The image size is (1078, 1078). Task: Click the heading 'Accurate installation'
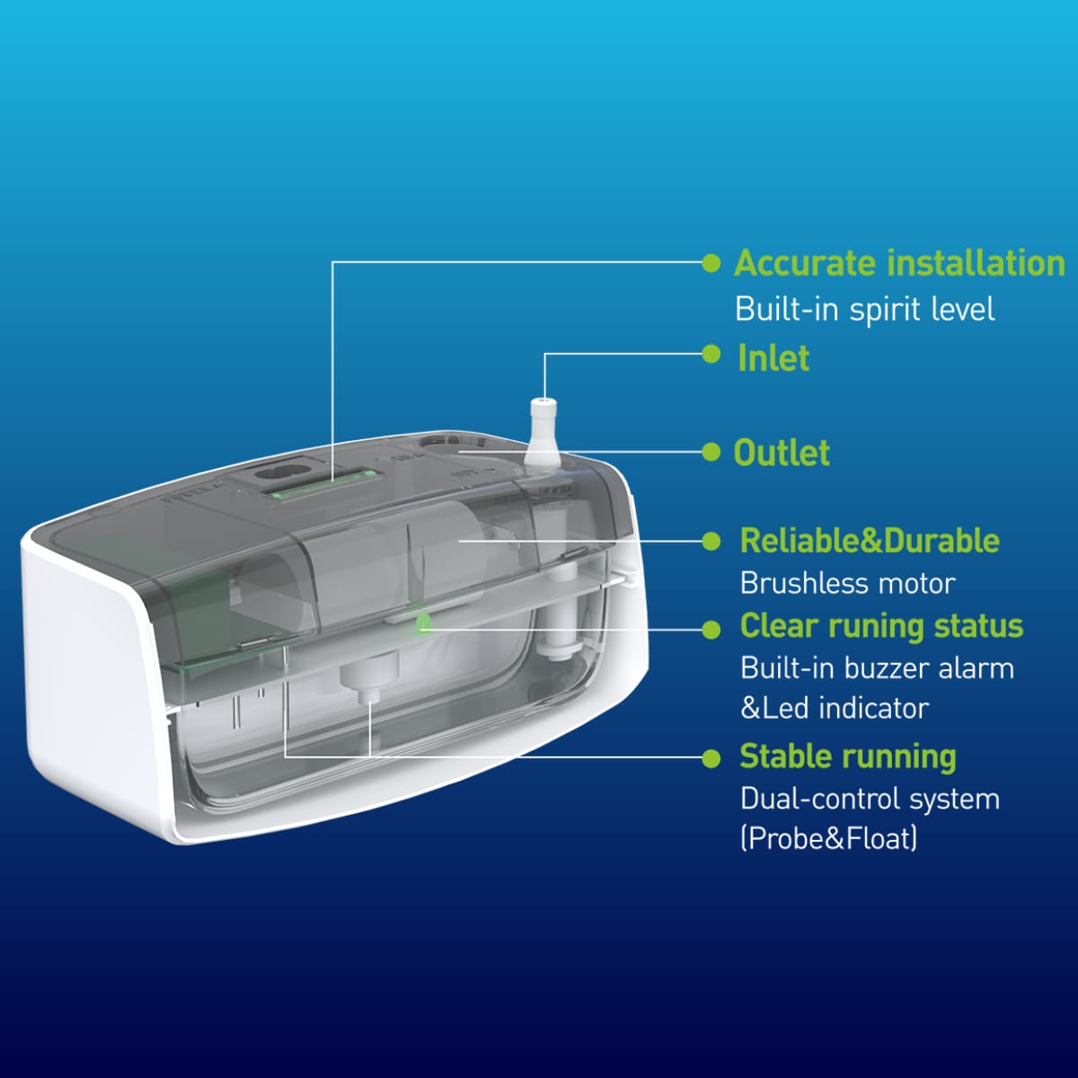(x=899, y=262)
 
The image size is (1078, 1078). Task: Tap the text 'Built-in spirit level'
(x=865, y=309)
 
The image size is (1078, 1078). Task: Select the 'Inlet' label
(x=773, y=358)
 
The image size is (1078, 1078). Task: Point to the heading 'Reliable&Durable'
(x=870, y=541)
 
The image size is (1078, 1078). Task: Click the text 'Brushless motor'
(x=847, y=584)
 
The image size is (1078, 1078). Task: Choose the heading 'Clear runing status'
(x=881, y=625)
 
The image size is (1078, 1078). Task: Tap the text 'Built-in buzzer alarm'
(x=877, y=668)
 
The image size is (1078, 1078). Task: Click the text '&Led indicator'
(x=835, y=708)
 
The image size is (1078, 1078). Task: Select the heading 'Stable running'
(x=848, y=757)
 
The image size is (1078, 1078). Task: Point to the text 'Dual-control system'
(x=870, y=799)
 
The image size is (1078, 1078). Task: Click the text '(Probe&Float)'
(x=829, y=838)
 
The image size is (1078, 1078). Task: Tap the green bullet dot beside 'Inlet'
(x=711, y=354)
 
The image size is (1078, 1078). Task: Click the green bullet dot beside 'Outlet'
(x=711, y=452)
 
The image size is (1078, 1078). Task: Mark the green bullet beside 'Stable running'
(x=711, y=758)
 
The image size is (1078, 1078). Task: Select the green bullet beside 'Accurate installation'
(x=711, y=263)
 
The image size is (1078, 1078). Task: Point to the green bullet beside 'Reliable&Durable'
(x=711, y=541)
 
